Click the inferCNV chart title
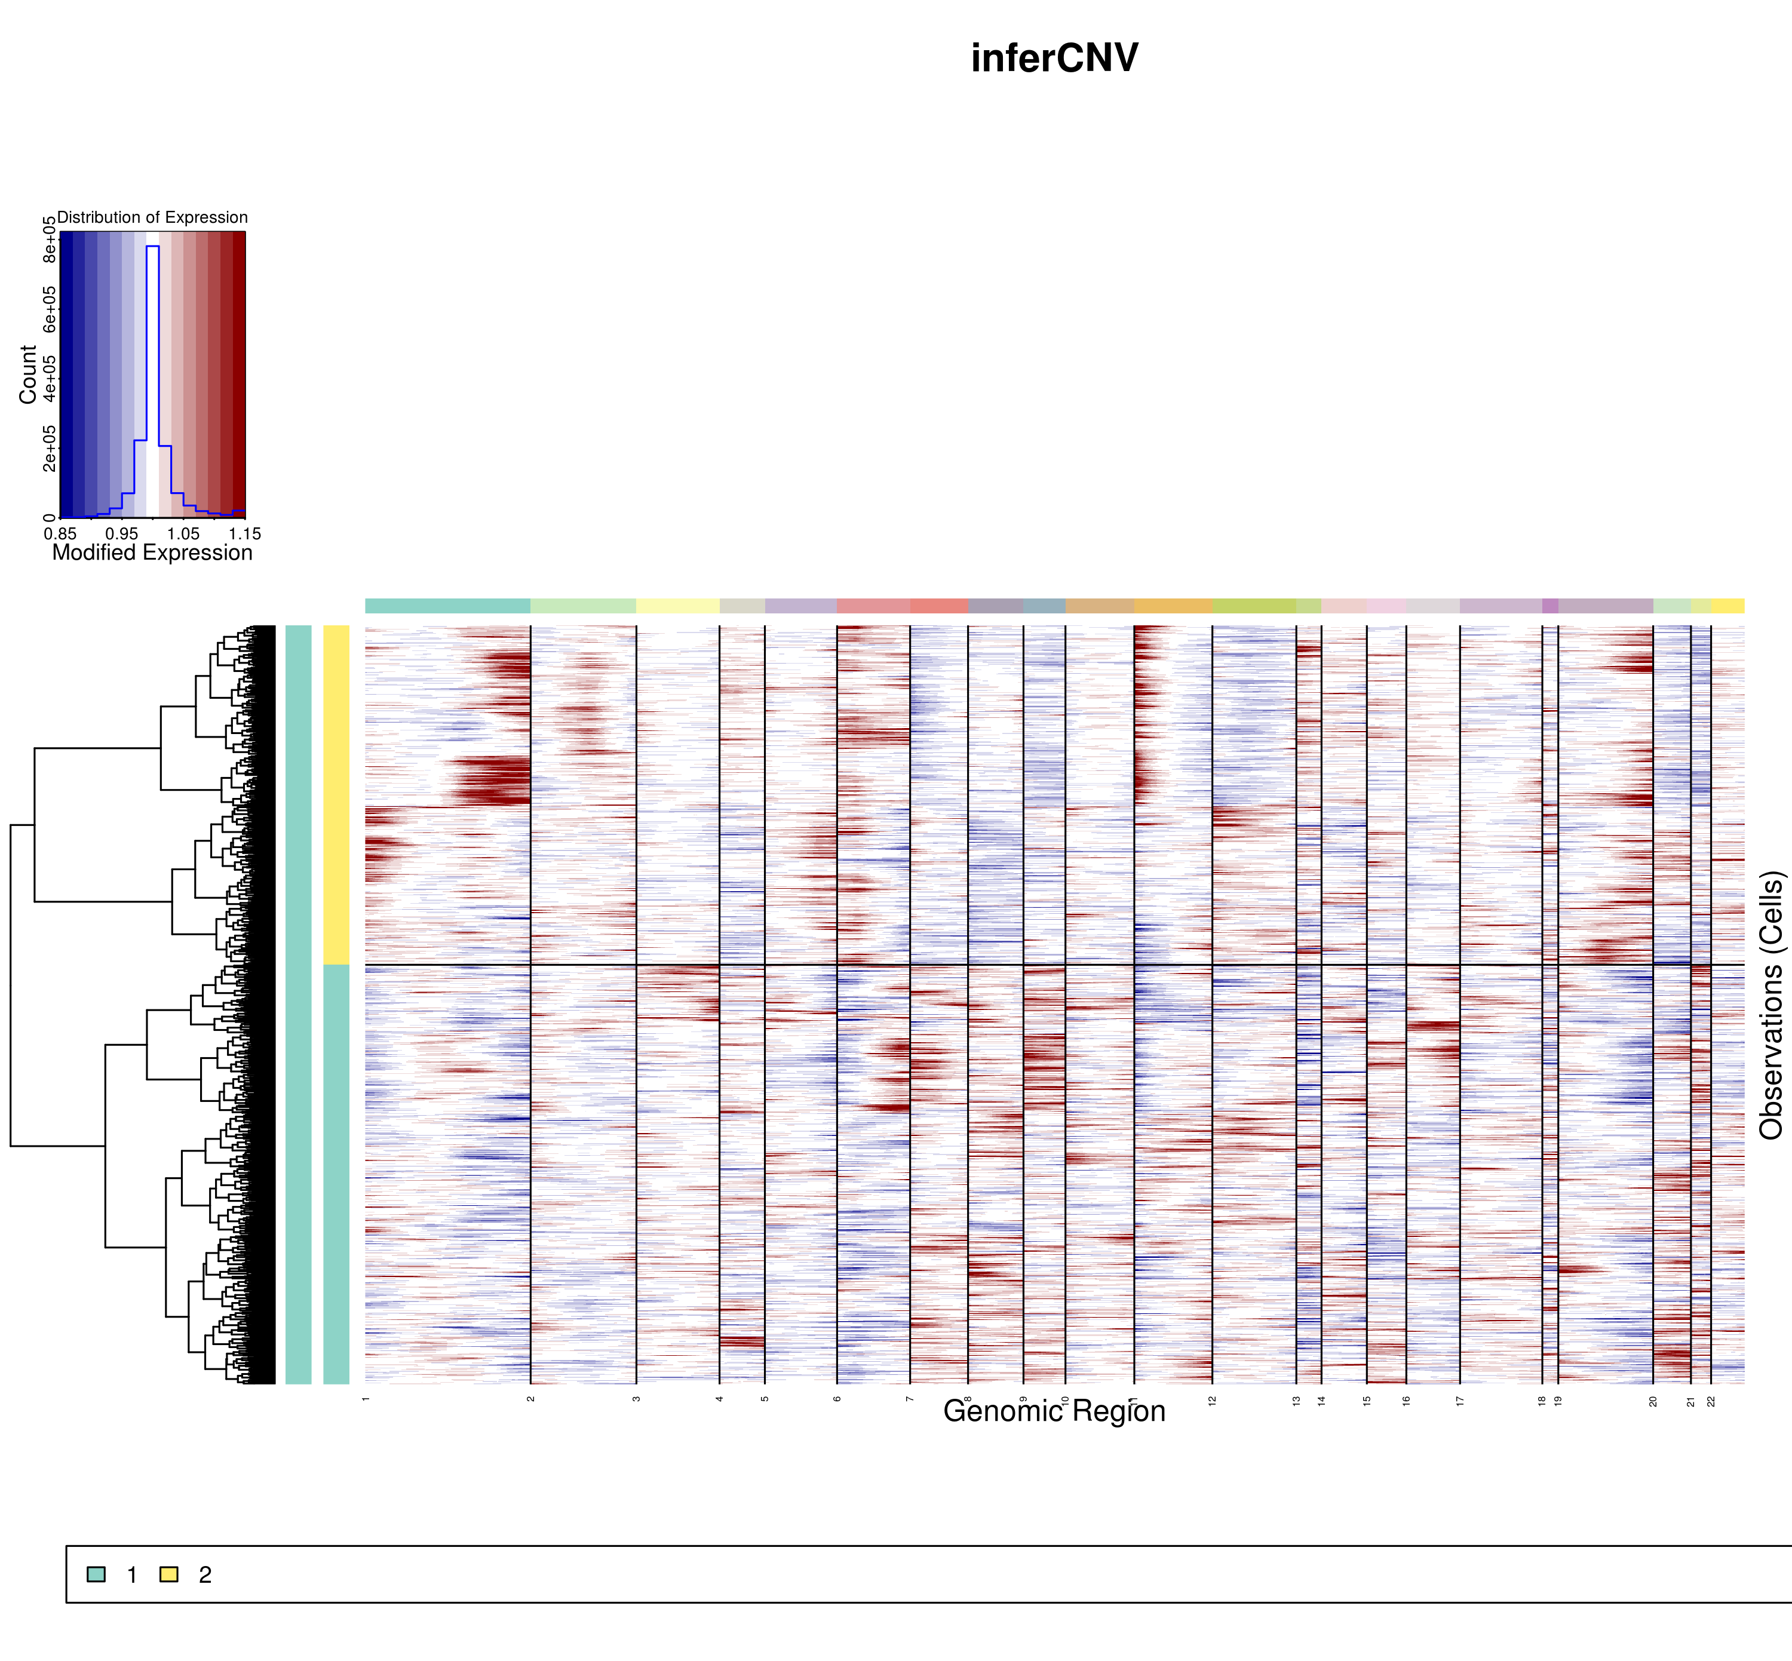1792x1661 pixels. [x=1054, y=59]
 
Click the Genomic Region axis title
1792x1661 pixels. [x=1054, y=1412]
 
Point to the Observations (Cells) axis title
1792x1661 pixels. [x=1770, y=1005]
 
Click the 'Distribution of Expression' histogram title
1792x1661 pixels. [x=153, y=217]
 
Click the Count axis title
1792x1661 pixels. [x=28, y=375]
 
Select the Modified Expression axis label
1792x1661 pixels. [x=153, y=552]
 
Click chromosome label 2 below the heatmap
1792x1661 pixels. [x=531, y=1399]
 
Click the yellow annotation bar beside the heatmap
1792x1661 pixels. [x=336, y=794]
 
